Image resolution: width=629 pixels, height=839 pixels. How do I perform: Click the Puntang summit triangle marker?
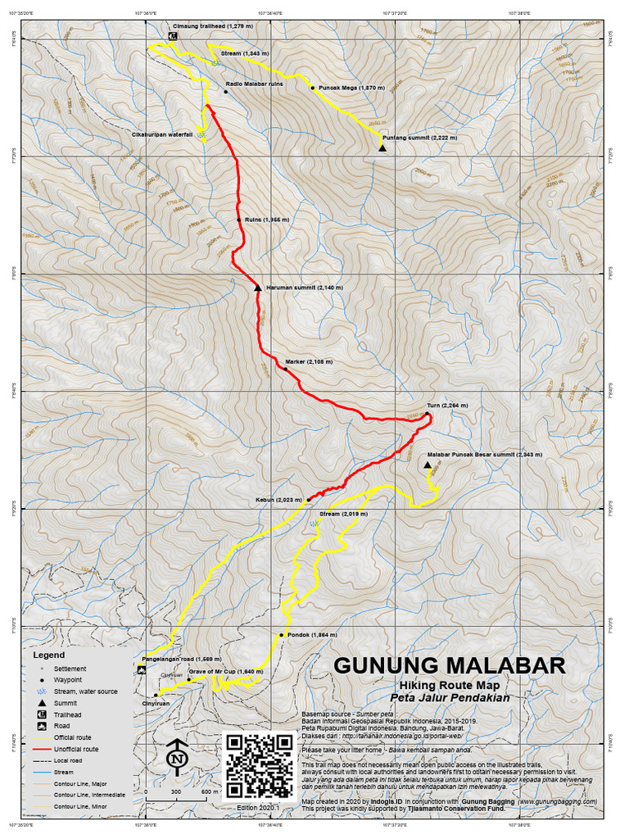(x=382, y=148)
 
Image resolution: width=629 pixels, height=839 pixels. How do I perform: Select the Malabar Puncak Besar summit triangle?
(x=428, y=465)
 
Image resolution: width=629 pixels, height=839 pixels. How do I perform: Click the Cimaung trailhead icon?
(x=174, y=37)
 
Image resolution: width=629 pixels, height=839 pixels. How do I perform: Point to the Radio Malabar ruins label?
(x=254, y=84)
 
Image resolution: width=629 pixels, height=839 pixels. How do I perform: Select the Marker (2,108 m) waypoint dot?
(x=285, y=369)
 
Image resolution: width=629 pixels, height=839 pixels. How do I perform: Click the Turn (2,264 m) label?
(x=446, y=406)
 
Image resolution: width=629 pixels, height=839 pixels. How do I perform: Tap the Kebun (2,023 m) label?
(x=278, y=499)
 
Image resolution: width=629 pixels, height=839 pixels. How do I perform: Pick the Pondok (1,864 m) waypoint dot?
(x=281, y=635)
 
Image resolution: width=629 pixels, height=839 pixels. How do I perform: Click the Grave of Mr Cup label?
(x=225, y=671)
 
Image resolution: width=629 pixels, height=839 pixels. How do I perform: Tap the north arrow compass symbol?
(x=175, y=758)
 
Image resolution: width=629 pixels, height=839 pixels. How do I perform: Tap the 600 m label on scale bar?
(x=210, y=792)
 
